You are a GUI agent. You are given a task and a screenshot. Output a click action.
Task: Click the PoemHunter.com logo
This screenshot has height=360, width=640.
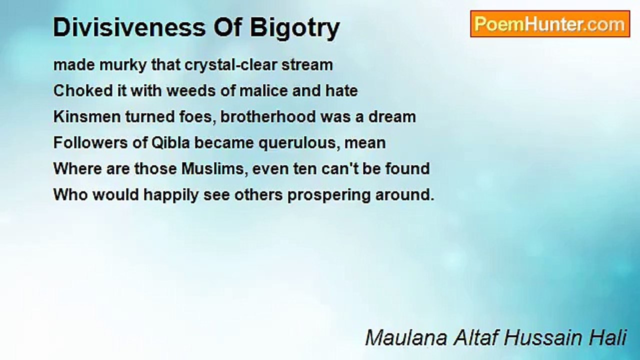pos(550,24)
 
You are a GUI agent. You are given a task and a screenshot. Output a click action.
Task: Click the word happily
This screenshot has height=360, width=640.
pos(171,195)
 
